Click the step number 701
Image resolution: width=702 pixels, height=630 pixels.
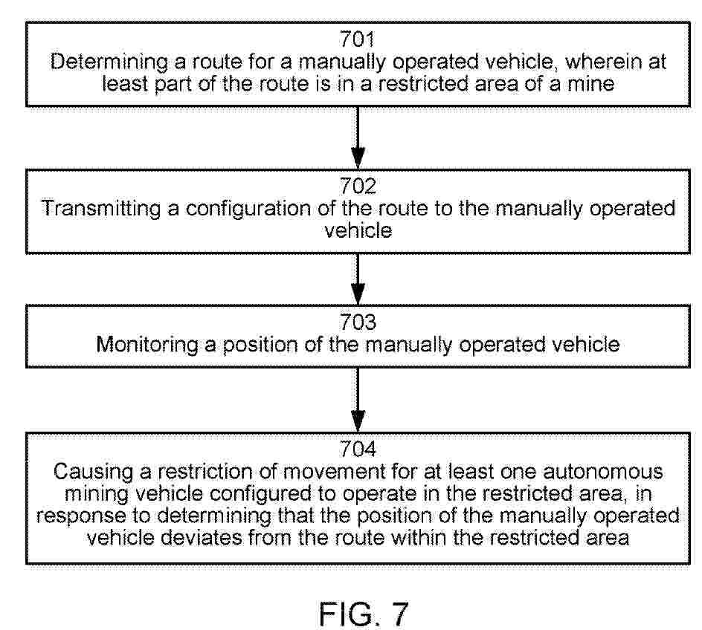coord(357,39)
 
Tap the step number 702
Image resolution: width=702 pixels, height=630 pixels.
coord(357,186)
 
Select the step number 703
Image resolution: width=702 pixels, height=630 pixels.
coord(357,322)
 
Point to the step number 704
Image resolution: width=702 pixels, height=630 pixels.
coord(357,449)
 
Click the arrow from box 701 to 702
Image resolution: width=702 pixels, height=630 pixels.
coord(357,137)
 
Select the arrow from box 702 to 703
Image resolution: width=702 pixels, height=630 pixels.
coord(357,279)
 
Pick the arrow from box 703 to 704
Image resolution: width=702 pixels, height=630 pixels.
coord(357,400)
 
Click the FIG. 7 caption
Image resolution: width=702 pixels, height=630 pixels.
coord(364,614)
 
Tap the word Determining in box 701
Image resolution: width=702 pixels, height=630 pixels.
coord(109,62)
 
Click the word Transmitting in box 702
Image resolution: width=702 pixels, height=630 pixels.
coord(100,209)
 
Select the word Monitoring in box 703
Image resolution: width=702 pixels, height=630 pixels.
coord(147,345)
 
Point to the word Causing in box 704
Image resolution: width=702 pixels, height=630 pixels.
coord(94,472)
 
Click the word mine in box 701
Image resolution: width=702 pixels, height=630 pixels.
coord(591,84)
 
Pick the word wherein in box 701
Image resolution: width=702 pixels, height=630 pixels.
coord(603,62)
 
